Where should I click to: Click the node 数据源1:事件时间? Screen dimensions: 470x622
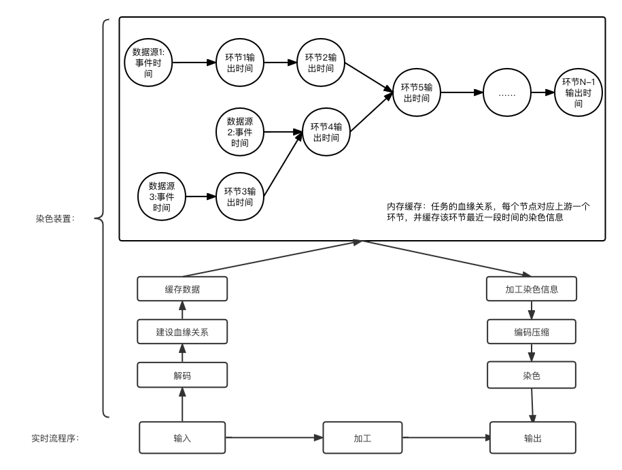[x=148, y=63]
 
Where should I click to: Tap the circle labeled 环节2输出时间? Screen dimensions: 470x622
[x=321, y=63]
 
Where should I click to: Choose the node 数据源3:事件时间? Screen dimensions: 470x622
[x=162, y=197]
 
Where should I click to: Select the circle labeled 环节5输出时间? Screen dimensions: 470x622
[x=416, y=93]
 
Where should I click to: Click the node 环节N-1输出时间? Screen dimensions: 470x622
[x=578, y=93]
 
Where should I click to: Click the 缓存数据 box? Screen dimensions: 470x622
[x=182, y=289]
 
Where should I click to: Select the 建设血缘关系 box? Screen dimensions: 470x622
[x=182, y=333]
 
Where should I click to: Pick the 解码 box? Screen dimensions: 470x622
[x=182, y=375]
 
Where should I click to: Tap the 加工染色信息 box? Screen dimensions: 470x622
[x=532, y=289]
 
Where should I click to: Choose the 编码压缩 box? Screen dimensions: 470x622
[x=532, y=333]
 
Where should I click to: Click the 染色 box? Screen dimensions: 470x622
[x=532, y=375]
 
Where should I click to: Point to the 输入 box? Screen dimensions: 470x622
[x=182, y=438]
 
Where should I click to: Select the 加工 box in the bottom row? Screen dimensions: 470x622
[x=362, y=438]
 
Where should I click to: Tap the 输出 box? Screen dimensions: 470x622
[x=533, y=438]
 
